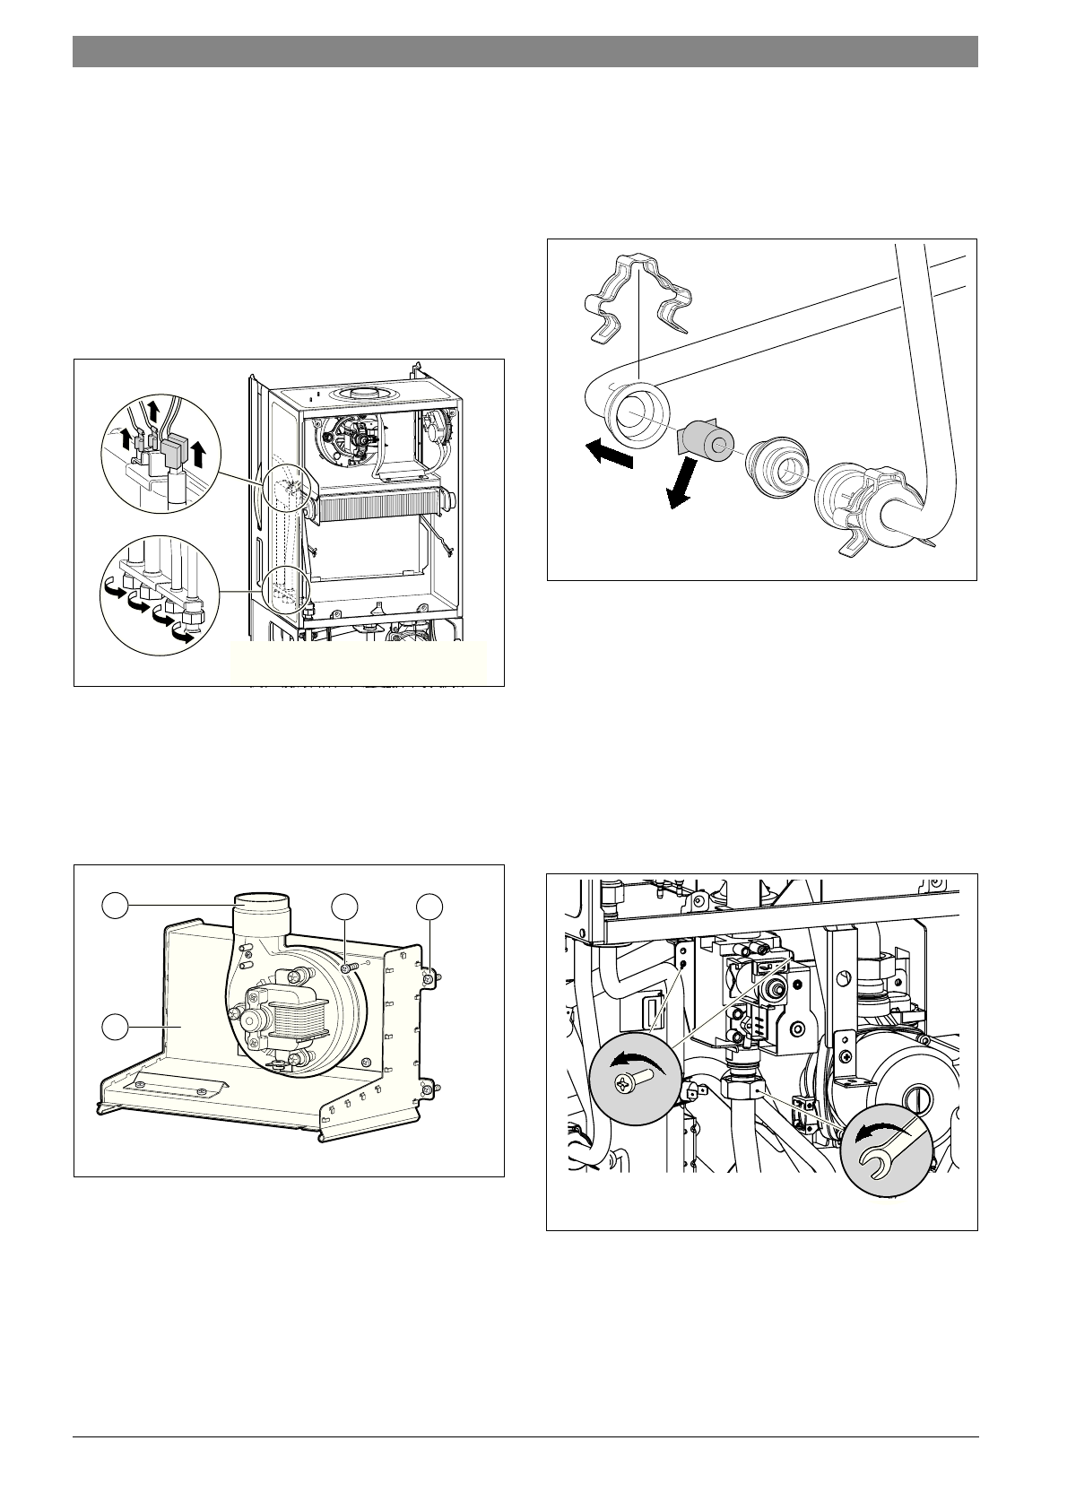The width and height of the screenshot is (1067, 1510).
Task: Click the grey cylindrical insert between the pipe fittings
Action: click(705, 441)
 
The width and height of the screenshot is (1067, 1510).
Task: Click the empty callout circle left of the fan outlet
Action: click(113, 907)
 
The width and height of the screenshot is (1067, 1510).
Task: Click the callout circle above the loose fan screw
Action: click(343, 907)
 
